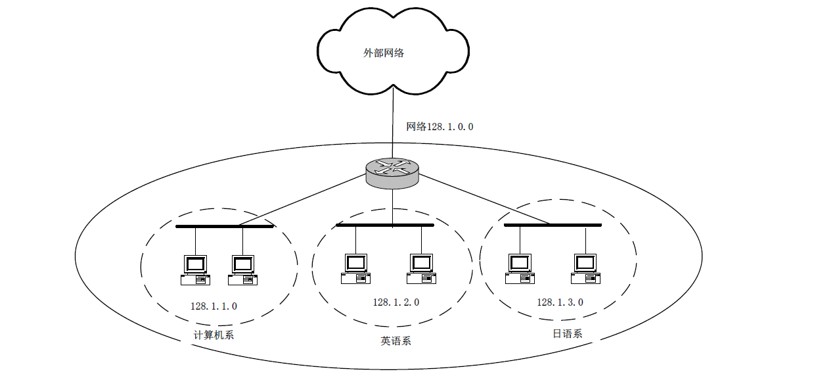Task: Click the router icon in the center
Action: pos(392,172)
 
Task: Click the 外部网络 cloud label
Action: pos(384,53)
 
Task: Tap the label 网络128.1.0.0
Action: pos(440,126)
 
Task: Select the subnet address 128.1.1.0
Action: pos(214,306)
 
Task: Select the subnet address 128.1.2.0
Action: pos(396,302)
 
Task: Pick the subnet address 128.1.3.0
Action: pos(560,302)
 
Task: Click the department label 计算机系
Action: pos(214,335)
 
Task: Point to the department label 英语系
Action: pos(396,341)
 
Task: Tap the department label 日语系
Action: pos(567,333)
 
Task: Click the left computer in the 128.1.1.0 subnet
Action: pos(195,270)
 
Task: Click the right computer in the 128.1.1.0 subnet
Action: pos(242,270)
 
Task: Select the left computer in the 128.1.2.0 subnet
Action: pos(355,268)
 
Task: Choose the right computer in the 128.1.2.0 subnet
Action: pos(421,268)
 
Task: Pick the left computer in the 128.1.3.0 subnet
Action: pos(520,268)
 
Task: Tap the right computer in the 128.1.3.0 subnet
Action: pos(585,268)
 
